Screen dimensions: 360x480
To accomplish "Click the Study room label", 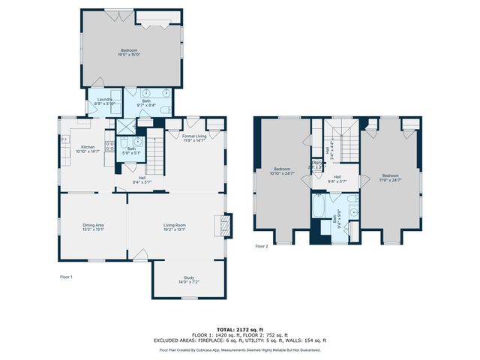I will point(188,280).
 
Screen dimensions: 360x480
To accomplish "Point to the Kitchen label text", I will point(88,148).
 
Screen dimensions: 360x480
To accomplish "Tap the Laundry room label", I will point(104,101).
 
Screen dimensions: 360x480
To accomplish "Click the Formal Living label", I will point(193,137).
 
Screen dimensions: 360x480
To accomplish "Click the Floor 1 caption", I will point(67,277).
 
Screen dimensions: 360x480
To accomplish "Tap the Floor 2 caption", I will point(261,246).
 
